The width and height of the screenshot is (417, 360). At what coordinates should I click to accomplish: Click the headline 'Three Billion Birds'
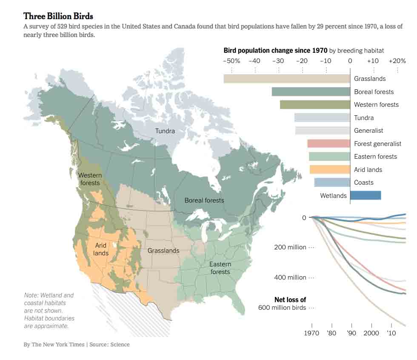tap(58, 16)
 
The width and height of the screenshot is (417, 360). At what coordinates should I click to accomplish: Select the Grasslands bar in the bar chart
tap(287, 79)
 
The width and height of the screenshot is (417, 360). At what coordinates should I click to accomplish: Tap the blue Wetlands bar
tap(365, 195)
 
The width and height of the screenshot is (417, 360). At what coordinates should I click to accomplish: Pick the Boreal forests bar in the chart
tap(311, 91)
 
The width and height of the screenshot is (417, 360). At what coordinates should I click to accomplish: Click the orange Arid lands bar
tap(330, 169)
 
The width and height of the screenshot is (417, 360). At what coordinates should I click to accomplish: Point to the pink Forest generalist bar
tap(328, 144)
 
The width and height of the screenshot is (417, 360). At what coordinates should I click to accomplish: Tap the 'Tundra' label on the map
tap(165, 131)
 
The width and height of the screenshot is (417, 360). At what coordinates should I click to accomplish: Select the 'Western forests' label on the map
tap(90, 179)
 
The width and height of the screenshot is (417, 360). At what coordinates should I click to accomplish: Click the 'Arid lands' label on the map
tap(101, 249)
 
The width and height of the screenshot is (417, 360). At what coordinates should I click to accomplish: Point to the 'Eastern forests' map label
tap(220, 268)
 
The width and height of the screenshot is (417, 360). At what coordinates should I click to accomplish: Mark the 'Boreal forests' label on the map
tap(204, 200)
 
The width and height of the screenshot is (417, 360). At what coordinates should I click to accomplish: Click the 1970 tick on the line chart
tap(311, 333)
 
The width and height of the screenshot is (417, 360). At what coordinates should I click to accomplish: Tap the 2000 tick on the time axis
tap(371, 333)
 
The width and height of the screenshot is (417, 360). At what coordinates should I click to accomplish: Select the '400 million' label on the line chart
tap(290, 277)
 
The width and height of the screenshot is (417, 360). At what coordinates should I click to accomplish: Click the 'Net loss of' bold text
tap(290, 300)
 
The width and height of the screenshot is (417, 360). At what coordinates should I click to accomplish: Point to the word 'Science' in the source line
tap(120, 344)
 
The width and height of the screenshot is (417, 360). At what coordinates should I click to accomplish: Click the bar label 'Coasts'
tap(364, 183)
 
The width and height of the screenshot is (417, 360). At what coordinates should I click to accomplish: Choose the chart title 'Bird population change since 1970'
tap(275, 51)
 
